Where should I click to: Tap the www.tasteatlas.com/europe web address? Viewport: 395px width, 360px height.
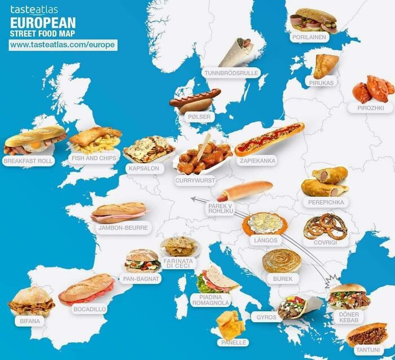click(63, 45)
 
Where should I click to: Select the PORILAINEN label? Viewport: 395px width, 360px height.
click(308, 37)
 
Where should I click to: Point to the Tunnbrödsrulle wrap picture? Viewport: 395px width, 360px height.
click(237, 52)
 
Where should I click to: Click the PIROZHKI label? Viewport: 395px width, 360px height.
click(370, 107)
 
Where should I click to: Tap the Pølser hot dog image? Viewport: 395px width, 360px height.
click(195, 99)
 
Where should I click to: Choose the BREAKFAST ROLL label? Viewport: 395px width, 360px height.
click(28, 161)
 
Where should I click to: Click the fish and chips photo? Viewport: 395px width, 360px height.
click(95, 140)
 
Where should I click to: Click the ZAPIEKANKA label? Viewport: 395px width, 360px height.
click(257, 160)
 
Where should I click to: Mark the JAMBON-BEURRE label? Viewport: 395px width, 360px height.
click(122, 228)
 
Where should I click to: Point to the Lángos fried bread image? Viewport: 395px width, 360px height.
click(265, 223)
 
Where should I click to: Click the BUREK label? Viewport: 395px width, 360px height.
click(282, 279)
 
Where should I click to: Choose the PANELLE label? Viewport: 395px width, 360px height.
click(232, 342)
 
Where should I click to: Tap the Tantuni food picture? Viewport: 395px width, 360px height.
click(367, 334)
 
